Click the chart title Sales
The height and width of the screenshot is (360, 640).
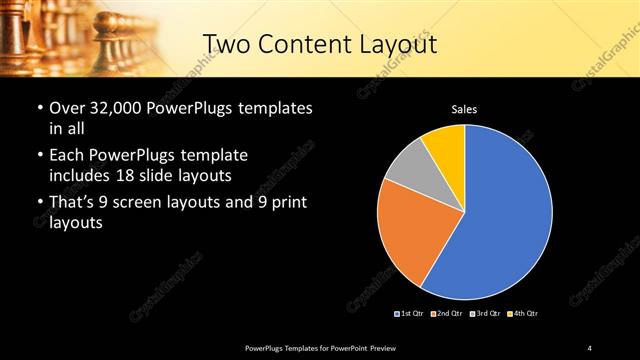click(464, 108)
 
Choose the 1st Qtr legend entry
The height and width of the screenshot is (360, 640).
click(409, 314)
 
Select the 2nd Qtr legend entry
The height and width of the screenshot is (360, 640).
click(445, 314)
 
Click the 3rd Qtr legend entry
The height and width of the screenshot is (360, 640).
click(484, 314)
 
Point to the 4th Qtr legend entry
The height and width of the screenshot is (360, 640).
click(523, 314)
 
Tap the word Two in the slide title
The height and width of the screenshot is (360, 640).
click(226, 44)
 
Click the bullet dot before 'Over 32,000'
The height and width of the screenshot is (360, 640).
click(39, 108)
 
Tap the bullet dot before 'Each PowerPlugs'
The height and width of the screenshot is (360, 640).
click(39, 157)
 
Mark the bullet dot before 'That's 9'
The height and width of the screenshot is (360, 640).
click(39, 205)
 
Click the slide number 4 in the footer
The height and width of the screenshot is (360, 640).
click(590, 347)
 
